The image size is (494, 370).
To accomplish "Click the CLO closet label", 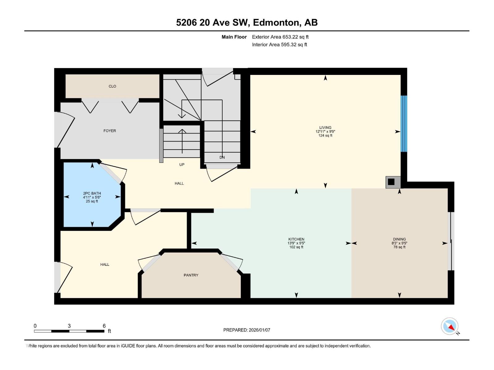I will pyautogui.click(x=112, y=86).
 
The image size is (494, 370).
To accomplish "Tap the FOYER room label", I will pyautogui.click(x=110, y=131).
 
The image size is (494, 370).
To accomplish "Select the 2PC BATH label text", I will pyautogui.click(x=92, y=193).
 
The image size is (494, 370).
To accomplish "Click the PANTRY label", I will pyautogui.click(x=191, y=275).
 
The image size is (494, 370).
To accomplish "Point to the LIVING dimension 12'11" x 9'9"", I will pyautogui.click(x=325, y=132).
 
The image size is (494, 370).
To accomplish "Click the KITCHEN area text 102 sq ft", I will pyautogui.click(x=296, y=247).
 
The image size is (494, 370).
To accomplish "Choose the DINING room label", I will pyautogui.click(x=399, y=239).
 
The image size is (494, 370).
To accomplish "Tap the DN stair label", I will pyautogui.click(x=222, y=157).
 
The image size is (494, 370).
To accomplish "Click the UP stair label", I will pyautogui.click(x=182, y=165).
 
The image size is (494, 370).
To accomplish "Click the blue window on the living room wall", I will pyautogui.click(x=404, y=124).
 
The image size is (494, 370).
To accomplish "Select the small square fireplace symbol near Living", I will pyautogui.click(x=391, y=182).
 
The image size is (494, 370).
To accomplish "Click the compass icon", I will pyautogui.click(x=450, y=326).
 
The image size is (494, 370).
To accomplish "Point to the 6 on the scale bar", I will pyautogui.click(x=104, y=326).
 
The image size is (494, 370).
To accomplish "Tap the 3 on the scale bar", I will pyautogui.click(x=69, y=326).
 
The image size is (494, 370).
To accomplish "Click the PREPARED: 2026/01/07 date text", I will pyautogui.click(x=247, y=330).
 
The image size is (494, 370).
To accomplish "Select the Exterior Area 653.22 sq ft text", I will pyautogui.click(x=280, y=37).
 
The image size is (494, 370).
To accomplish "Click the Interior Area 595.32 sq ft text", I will pyautogui.click(x=279, y=45).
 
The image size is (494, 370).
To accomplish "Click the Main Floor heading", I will pyautogui.click(x=234, y=37).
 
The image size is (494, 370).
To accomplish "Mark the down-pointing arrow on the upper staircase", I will pyautogui.click(x=182, y=114).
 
